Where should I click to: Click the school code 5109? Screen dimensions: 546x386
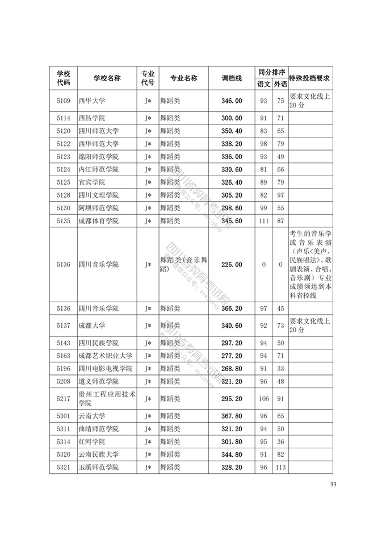pos(64,101)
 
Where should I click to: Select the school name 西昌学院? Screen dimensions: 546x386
pos(92,118)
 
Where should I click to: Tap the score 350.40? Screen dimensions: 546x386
pos(232,131)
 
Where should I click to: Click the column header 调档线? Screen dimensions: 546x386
pos(232,78)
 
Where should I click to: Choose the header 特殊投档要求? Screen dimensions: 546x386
pos(310,78)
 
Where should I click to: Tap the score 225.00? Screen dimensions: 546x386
pos(232,265)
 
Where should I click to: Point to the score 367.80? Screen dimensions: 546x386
pos(232,415)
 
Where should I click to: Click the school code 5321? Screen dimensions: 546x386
pos(64,467)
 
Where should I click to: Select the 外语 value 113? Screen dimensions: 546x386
pos(280,467)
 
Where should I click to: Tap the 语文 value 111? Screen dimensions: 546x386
pos(263,221)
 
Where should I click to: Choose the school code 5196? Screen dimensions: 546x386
pos(64,368)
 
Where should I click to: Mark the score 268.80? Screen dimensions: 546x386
pos(232,368)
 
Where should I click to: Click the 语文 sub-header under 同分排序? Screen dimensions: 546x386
pos(263,84)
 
